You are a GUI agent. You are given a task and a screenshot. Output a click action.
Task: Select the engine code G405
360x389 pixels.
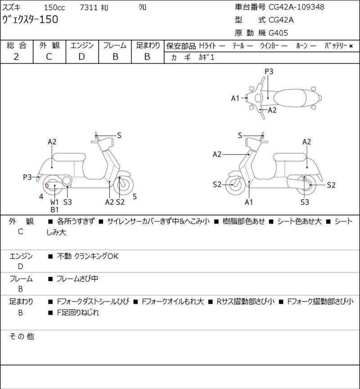[279, 32]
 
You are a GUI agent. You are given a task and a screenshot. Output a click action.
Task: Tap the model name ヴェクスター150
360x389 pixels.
[30, 19]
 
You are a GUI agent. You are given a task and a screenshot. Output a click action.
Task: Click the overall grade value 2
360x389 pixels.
[16, 56]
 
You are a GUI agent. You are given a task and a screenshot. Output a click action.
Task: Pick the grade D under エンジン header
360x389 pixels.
[81, 56]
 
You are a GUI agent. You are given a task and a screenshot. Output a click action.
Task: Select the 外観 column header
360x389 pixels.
[49, 45]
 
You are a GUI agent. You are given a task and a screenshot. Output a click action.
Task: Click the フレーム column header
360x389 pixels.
[115, 45]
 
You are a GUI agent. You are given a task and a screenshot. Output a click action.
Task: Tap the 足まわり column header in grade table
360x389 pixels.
[148, 45]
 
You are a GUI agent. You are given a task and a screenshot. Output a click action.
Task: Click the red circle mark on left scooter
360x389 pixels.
[47, 184]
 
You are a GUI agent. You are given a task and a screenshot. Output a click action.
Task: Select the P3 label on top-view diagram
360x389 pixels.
[269, 71]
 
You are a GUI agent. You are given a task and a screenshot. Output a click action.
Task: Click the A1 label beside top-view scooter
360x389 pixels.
[235, 98]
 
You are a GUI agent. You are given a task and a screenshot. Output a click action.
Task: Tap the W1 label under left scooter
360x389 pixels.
[54, 202]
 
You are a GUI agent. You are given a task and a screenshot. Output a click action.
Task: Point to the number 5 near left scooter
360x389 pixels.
[135, 196]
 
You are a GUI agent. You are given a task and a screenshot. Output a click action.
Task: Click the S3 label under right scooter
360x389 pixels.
[305, 202]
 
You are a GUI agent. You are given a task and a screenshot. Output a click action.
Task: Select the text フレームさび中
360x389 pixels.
[77, 279]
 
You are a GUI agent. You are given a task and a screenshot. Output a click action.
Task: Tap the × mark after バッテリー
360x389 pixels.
[351, 45]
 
